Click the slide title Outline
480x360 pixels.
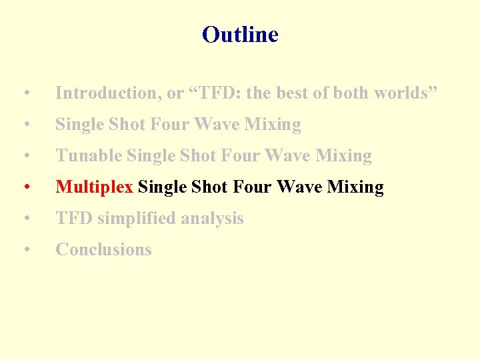click(x=240, y=35)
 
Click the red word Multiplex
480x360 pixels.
click(x=94, y=187)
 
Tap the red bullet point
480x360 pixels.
click(x=25, y=188)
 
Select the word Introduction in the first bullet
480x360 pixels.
click(x=109, y=93)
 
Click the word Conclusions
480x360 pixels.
click(x=103, y=250)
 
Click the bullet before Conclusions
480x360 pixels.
click(x=25, y=251)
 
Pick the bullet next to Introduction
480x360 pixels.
click(x=25, y=94)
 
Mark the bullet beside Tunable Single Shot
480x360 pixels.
click(x=25, y=157)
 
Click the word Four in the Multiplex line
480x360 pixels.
click(x=253, y=187)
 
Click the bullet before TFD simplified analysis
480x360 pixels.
click(x=25, y=219)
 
